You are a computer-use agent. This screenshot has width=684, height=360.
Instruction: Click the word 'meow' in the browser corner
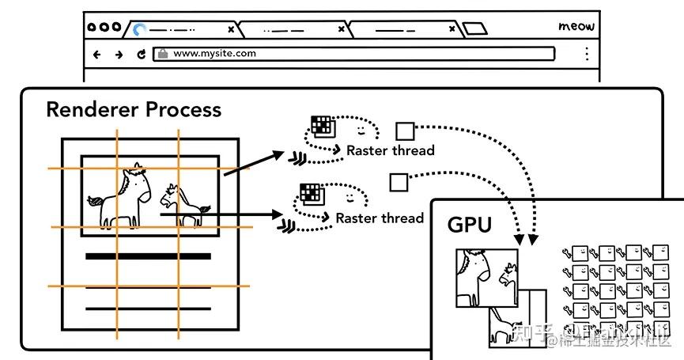tap(576, 27)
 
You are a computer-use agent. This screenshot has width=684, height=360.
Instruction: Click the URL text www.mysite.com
tap(214, 54)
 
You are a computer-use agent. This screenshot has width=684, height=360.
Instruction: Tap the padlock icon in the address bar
tap(163, 54)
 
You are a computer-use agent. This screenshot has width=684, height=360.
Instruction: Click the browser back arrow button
tap(98, 55)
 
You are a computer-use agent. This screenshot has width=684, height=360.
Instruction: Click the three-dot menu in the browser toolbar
tap(586, 54)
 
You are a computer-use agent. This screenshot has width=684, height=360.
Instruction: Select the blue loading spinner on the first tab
tap(139, 29)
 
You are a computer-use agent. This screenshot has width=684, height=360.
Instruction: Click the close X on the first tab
tap(231, 29)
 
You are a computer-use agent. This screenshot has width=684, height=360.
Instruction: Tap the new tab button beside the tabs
tap(474, 29)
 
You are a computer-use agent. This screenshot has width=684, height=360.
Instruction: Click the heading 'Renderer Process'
tap(134, 109)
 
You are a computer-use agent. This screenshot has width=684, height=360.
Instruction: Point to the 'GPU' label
tap(470, 225)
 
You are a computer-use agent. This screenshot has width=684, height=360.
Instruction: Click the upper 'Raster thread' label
tap(390, 150)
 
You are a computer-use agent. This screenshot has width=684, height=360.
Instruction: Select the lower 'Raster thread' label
tap(380, 218)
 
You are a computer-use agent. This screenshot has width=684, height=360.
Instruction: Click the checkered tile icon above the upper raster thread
tap(322, 125)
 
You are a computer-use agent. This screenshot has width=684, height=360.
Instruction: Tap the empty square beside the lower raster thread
tap(398, 183)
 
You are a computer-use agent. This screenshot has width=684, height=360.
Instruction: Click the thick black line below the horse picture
tap(148, 256)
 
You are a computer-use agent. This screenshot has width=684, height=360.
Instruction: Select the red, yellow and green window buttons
tap(104, 27)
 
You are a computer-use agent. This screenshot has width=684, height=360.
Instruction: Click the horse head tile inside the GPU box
tap(486, 277)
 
